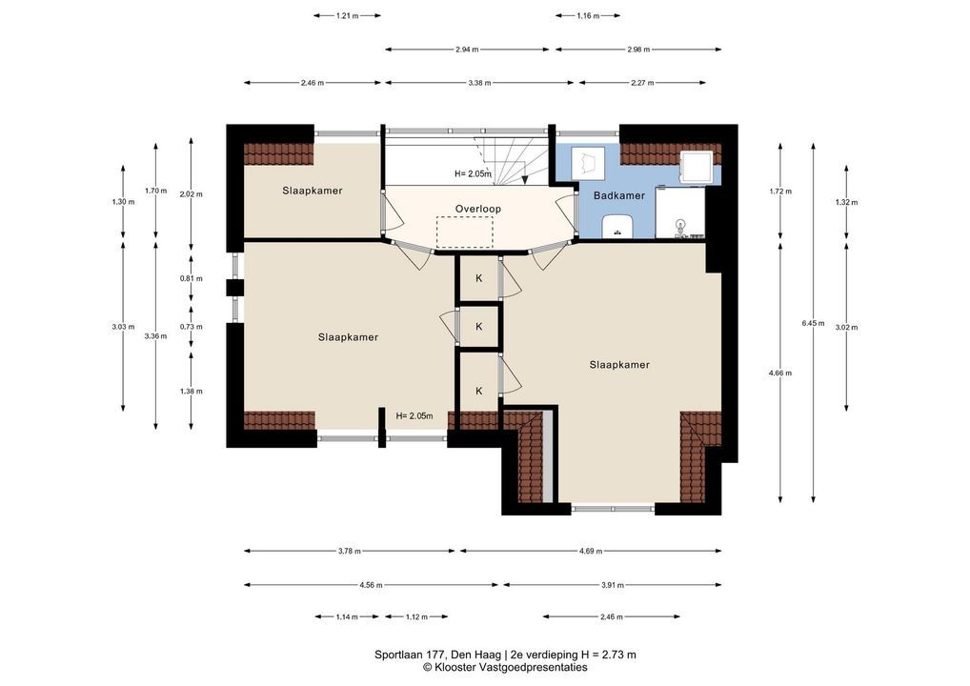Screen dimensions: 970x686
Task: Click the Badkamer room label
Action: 619,195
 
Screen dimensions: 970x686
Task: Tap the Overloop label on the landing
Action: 478,209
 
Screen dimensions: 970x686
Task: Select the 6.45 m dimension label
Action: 813,323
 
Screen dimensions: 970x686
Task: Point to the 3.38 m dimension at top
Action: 479,83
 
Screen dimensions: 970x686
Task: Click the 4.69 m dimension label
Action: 591,551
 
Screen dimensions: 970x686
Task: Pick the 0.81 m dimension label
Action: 192,278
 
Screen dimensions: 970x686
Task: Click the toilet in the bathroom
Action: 616,227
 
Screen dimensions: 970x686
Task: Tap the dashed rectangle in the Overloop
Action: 465,232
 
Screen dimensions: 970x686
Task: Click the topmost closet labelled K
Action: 479,278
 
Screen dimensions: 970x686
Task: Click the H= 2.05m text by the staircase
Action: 474,173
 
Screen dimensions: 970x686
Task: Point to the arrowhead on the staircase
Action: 525,179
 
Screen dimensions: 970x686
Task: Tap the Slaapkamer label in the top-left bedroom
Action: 313,191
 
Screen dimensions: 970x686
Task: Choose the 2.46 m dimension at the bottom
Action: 611,616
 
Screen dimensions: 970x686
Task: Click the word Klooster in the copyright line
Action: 452,668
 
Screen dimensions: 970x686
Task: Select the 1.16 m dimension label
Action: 588,16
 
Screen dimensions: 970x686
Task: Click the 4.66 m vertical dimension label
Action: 780,373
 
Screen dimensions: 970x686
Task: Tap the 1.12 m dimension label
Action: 416,616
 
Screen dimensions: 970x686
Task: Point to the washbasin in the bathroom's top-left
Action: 585,163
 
